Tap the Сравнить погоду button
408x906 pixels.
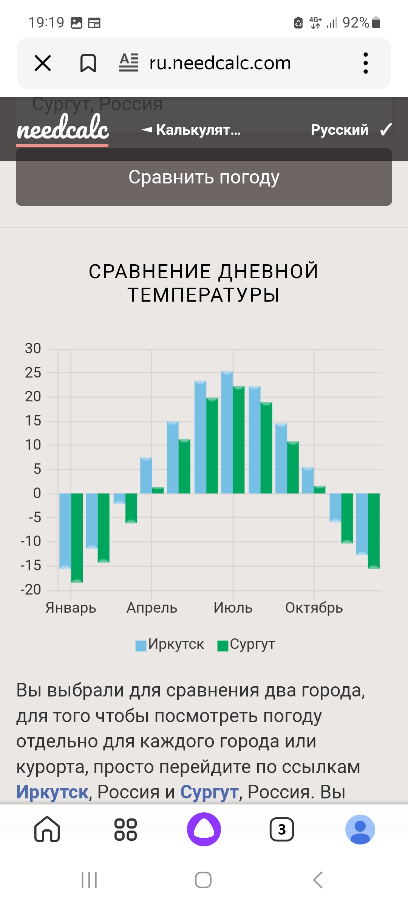[204, 177]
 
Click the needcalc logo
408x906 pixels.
[63, 128]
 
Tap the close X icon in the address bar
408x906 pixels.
[43, 63]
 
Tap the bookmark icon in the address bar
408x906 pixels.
[88, 63]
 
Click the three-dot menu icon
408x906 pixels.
[365, 63]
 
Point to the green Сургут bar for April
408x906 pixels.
[158, 490]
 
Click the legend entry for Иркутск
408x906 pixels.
[170, 644]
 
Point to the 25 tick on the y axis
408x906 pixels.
[33, 373]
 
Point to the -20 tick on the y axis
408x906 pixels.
[31, 589]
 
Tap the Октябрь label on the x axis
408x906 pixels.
[314, 608]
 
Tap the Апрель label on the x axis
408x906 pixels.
[152, 608]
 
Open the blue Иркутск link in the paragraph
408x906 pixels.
[52, 792]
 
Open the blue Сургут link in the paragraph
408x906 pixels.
[209, 792]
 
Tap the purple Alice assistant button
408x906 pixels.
[204, 829]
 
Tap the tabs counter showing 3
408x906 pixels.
[282, 829]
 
